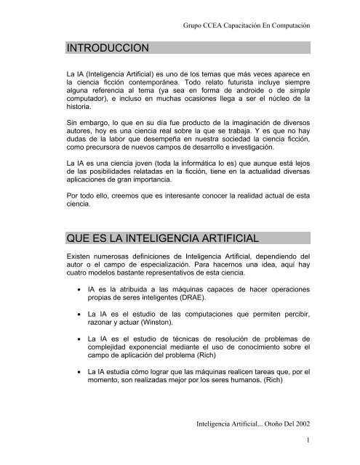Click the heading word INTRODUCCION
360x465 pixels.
(106, 49)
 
